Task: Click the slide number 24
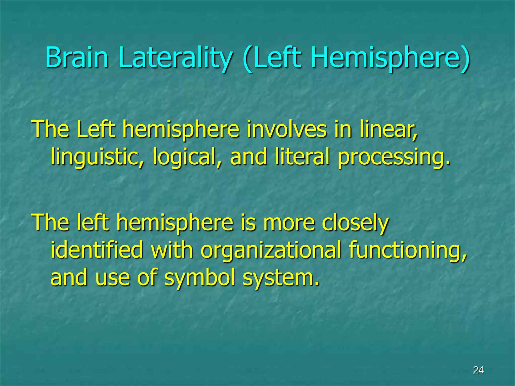coord(478,370)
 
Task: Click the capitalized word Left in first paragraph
coord(96,129)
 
